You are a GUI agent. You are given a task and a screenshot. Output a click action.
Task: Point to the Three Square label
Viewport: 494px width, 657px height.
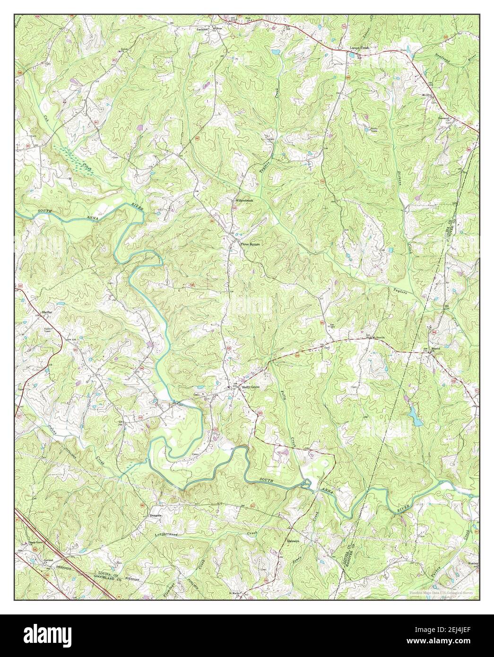coord(250,244)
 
